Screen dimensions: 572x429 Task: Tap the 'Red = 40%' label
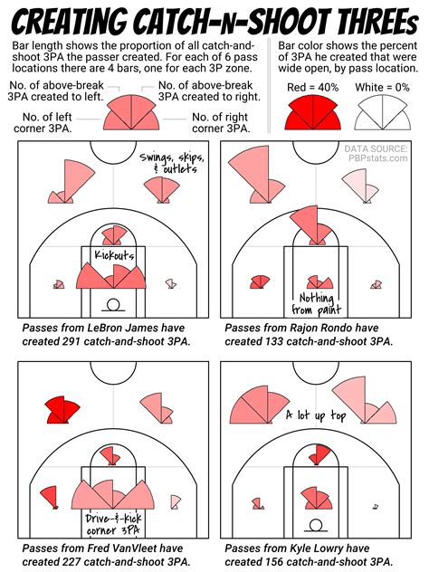point(311,86)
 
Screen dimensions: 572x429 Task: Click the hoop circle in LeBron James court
point(114,305)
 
